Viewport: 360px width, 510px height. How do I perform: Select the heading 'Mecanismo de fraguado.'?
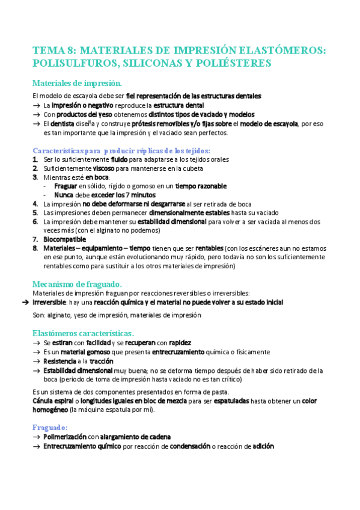pyautogui.click(x=77, y=283)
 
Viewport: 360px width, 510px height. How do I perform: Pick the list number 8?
pyautogui.click(x=35, y=248)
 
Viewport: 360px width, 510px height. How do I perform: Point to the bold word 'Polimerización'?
pyautogui.click(x=65, y=437)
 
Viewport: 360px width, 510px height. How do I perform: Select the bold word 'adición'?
pyautogui.click(x=264, y=446)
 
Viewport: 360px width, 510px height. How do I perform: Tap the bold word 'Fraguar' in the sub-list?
pyautogui.click(x=66, y=186)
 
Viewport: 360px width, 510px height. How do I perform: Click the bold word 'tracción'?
pyautogui.click(x=103, y=361)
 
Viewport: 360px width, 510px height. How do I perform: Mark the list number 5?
pyautogui.click(x=35, y=212)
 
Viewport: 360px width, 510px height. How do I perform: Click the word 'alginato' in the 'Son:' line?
pyautogui.click(x=57, y=315)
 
